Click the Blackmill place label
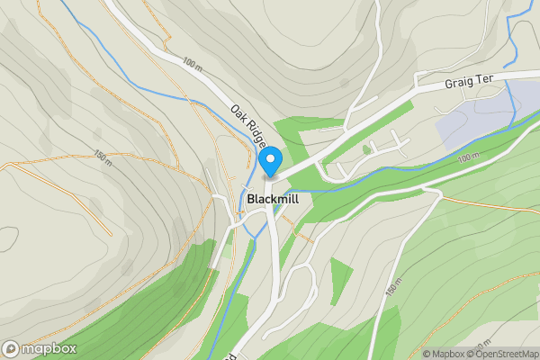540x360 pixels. point(273,198)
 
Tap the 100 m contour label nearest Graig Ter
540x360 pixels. point(468,158)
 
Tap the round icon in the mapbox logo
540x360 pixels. point(11,349)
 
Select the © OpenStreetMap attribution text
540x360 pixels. point(505,354)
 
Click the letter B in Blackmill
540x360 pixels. point(251,198)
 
